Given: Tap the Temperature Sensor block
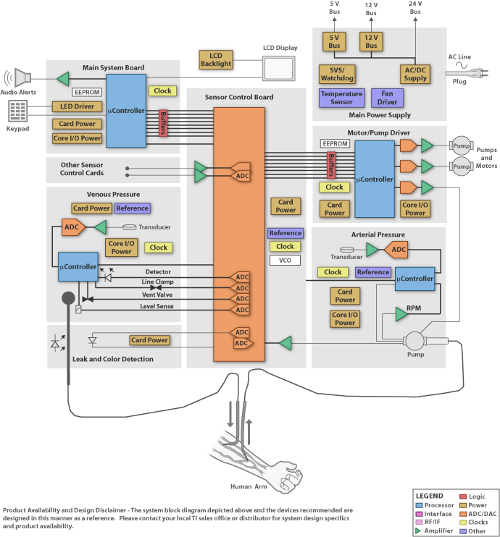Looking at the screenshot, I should [341, 98].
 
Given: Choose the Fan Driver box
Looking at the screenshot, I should [387, 98].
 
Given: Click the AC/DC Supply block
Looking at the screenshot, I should [416, 75].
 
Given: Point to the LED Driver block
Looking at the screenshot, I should [78, 107].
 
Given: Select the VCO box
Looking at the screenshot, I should [285, 260].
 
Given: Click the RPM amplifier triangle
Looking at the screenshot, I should [401, 313].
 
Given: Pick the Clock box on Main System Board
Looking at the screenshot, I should [162, 90].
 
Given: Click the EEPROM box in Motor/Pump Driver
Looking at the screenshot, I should [335, 144].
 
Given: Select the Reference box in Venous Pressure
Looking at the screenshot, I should [132, 208].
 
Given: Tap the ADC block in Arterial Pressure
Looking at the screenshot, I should [396, 250].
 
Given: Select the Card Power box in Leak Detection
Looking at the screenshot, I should [150, 340].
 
